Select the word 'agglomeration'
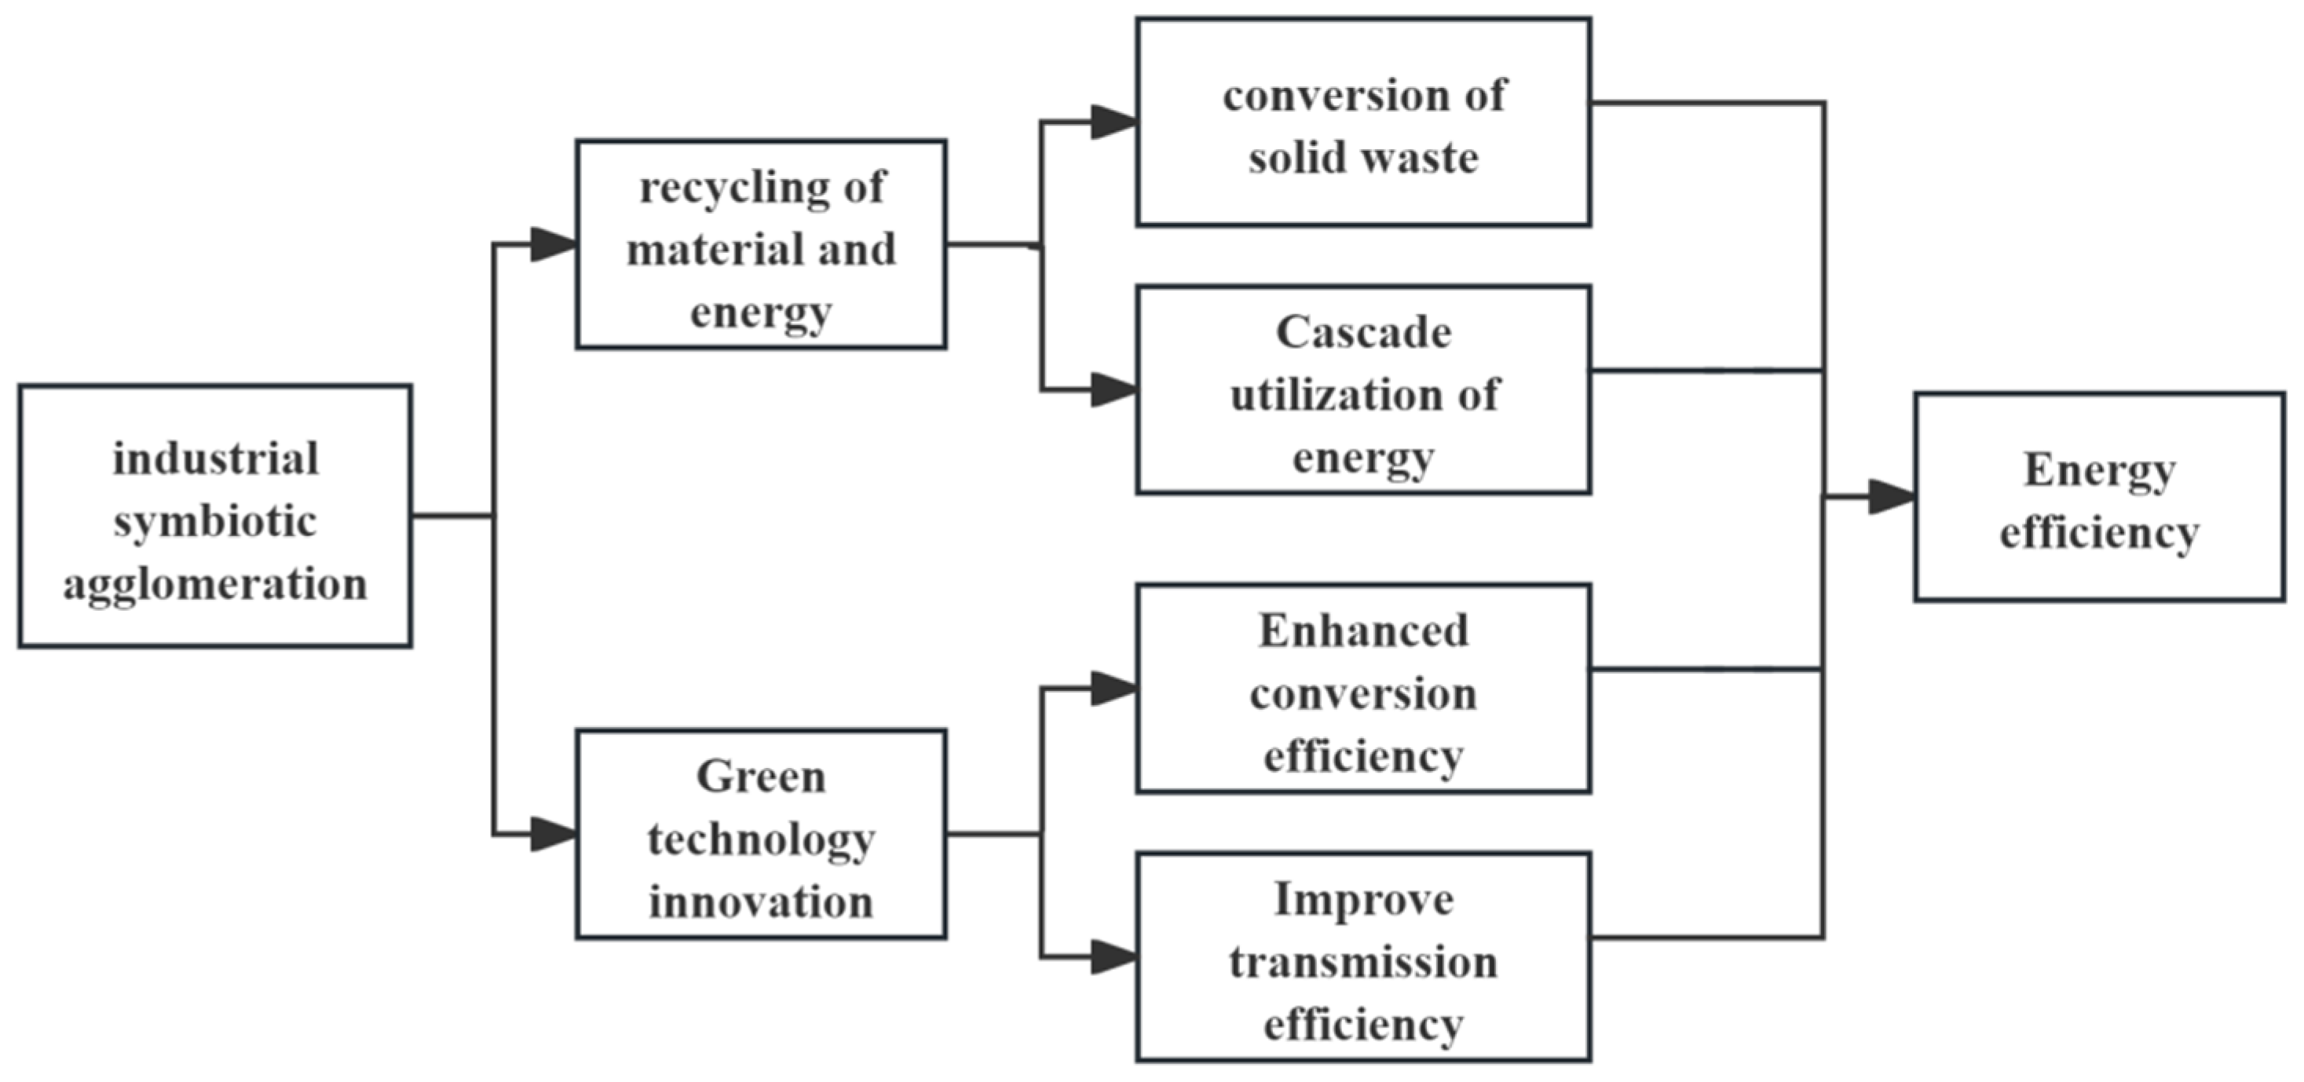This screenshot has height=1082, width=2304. [x=214, y=585]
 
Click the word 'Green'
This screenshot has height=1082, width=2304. [x=761, y=777]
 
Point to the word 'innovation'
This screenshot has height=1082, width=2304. [x=761, y=901]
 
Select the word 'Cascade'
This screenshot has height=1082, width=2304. [x=1363, y=333]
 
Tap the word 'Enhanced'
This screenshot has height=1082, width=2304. [x=1363, y=631]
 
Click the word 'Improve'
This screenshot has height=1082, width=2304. [x=1363, y=900]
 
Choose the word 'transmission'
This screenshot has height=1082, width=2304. [x=1363, y=962]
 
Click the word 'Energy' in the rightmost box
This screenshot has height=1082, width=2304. [x=2099, y=471]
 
